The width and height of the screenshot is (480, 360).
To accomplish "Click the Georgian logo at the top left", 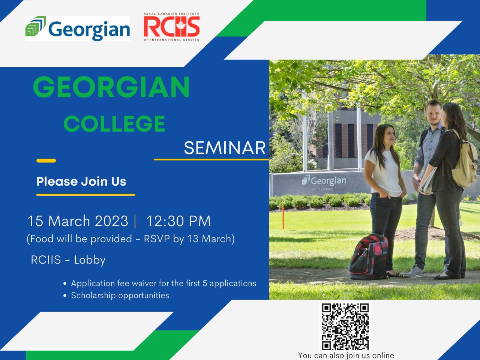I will [x=78, y=28].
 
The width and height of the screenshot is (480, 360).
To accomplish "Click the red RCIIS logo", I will [x=172, y=27].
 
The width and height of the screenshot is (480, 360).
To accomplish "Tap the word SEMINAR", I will [x=225, y=148].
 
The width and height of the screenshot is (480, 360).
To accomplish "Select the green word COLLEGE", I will [x=114, y=124].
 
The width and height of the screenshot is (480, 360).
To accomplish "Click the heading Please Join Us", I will [x=81, y=181].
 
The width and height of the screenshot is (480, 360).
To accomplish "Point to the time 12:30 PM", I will [x=178, y=221].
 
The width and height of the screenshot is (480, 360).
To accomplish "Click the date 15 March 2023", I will [x=78, y=221].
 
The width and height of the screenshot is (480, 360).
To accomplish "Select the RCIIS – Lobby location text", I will [x=68, y=260].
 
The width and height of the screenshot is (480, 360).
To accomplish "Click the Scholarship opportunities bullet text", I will [x=120, y=295].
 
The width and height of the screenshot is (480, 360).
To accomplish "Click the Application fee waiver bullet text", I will [x=163, y=283].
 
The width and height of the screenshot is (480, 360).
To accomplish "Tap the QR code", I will [x=345, y=326].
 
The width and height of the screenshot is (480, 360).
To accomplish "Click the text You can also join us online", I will [x=346, y=355].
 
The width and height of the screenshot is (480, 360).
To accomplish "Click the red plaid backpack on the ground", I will [x=369, y=257].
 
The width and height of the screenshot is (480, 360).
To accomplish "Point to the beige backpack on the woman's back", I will [x=465, y=165].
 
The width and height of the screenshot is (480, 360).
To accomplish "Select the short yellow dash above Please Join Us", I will [x=46, y=160].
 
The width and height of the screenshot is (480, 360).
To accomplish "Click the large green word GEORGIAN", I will [x=111, y=87].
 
